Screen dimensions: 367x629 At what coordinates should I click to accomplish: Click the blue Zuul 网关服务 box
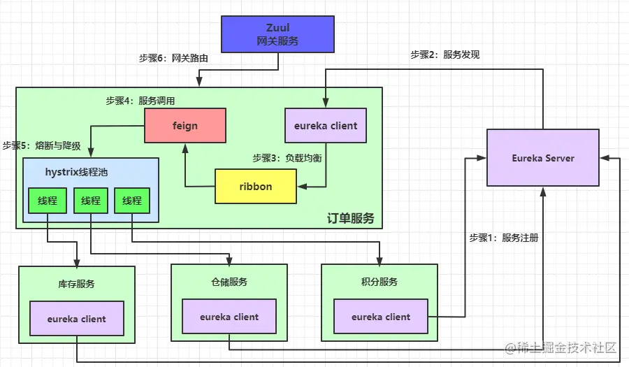[x=277, y=34]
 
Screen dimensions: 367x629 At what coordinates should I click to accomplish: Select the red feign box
[x=185, y=126]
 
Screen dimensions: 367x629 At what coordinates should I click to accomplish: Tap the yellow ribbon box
[x=255, y=187]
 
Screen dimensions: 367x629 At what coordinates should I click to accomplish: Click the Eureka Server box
[x=542, y=158]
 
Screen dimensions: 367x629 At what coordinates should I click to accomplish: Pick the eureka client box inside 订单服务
[x=326, y=126]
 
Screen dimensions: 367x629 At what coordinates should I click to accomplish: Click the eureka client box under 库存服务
[x=77, y=319]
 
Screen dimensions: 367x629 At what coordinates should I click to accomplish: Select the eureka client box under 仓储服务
[x=229, y=317]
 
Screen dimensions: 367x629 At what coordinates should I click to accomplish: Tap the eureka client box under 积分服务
[x=381, y=317]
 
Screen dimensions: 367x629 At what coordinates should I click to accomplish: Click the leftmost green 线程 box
[x=47, y=201]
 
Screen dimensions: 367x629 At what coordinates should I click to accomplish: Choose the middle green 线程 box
[x=91, y=201]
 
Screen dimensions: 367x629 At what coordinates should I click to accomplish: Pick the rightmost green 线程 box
[x=132, y=201]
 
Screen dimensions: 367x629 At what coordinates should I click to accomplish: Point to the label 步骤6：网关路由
[x=173, y=59]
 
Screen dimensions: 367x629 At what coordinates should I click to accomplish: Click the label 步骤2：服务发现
[x=444, y=55]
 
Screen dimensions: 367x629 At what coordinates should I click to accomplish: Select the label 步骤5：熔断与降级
[x=41, y=146]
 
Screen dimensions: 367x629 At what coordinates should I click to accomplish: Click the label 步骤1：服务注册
[x=503, y=238]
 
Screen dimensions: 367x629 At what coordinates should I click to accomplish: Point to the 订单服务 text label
[x=350, y=218]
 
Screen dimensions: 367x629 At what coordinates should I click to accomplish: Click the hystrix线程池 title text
[x=76, y=171]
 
